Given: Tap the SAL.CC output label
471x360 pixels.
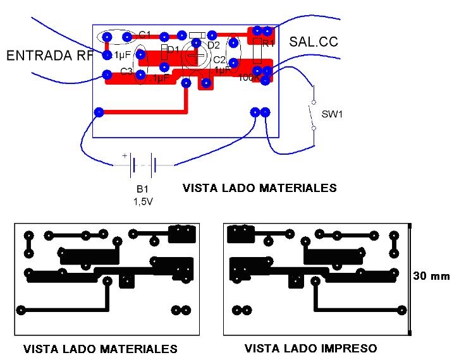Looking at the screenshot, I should pos(314,42).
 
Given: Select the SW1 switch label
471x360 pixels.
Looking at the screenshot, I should pos(332,114).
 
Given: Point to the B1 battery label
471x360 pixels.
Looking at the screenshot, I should pos(142,189).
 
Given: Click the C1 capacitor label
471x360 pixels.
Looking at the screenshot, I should pos(145,34).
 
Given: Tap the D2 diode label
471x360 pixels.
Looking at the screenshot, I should pos(213,45).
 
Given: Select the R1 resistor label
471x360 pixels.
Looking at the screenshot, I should pos(269,44).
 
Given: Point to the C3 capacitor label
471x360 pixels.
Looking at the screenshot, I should pos(126,72).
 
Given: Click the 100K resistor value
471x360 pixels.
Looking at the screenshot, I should pos(247,78).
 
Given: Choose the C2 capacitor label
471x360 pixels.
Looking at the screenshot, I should pos(219,59).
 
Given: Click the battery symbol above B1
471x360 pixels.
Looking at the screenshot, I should pos(143,165).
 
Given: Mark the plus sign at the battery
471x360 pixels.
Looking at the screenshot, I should pos(125,155).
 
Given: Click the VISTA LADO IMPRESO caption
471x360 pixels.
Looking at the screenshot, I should pos(310,348).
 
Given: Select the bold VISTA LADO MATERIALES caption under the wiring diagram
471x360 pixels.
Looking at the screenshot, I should pos(260,188).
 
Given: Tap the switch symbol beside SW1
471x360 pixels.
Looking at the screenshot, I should pos(312,114).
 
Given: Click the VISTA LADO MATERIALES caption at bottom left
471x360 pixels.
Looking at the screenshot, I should pos(101,349).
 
